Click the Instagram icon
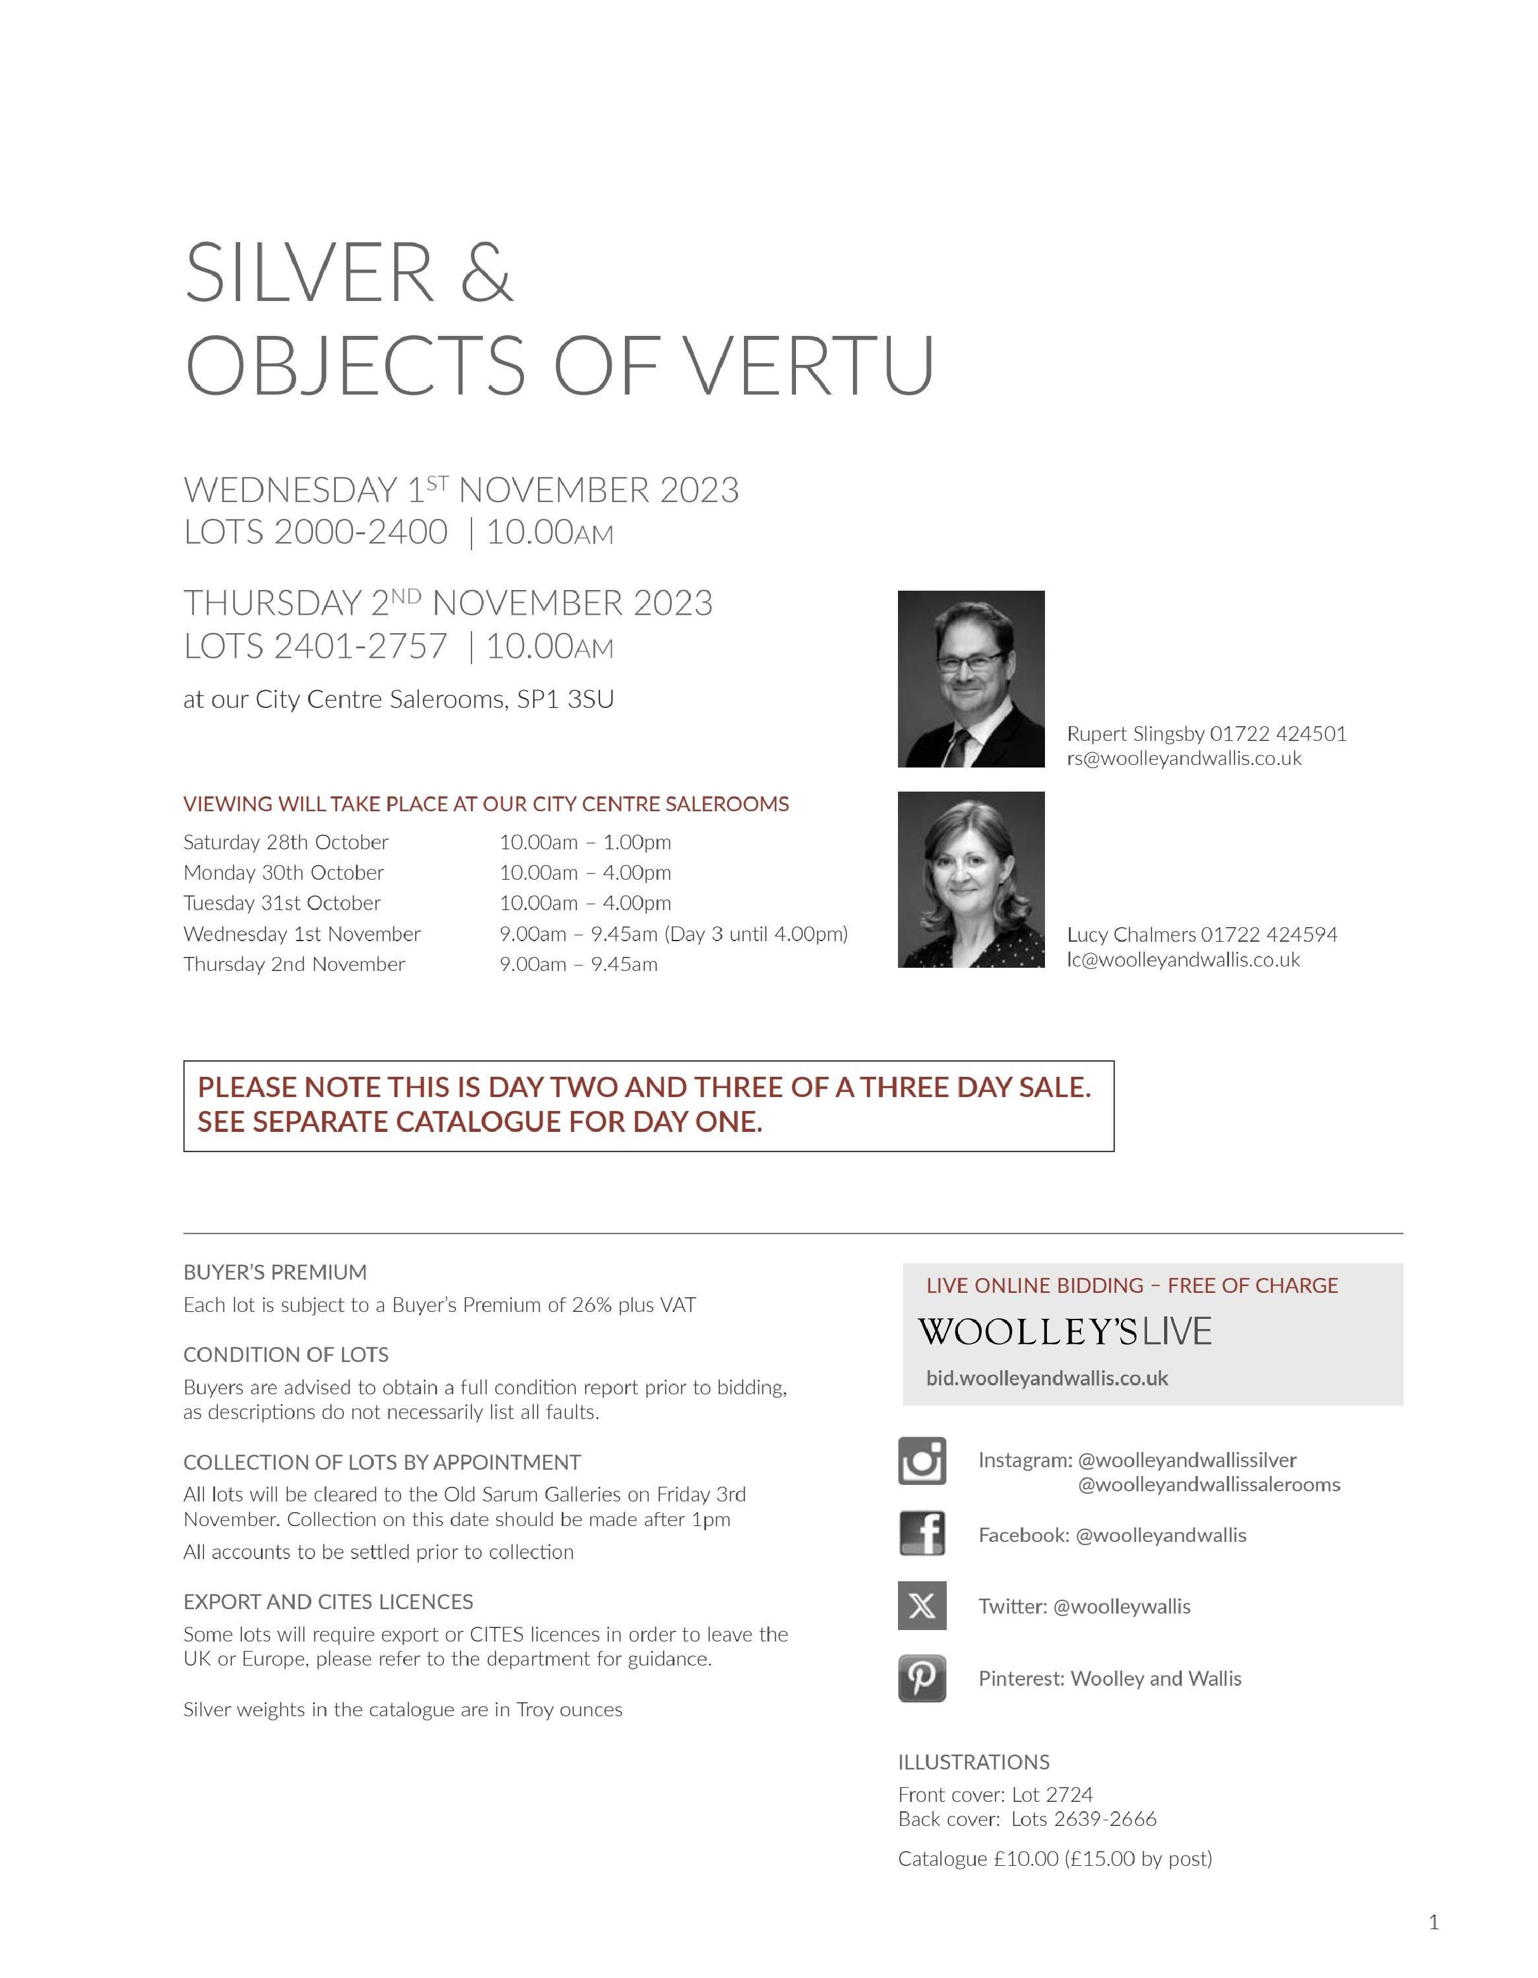(x=922, y=1460)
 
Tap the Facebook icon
(x=922, y=1533)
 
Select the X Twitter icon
(x=922, y=1606)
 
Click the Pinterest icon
(x=922, y=1678)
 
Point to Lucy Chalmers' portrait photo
(x=971, y=880)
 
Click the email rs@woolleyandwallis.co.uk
(x=1184, y=759)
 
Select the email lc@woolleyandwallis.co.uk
(x=1183, y=960)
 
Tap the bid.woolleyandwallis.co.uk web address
(x=1047, y=1378)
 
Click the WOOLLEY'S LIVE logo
(x=1064, y=1332)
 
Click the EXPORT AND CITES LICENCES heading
(x=328, y=1602)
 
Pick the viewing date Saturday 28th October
(x=285, y=842)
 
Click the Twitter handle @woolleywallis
(x=1122, y=1607)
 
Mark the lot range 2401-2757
(x=361, y=646)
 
